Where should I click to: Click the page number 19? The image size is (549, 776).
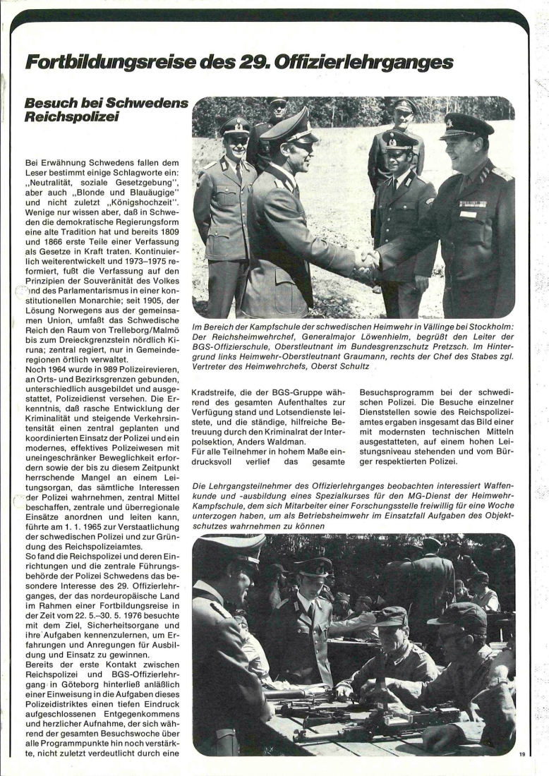[522, 754]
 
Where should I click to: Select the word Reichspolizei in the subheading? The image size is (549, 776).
[70, 116]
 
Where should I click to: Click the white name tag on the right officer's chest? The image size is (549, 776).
[467, 214]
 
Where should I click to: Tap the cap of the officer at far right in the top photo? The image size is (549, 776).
[466, 126]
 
